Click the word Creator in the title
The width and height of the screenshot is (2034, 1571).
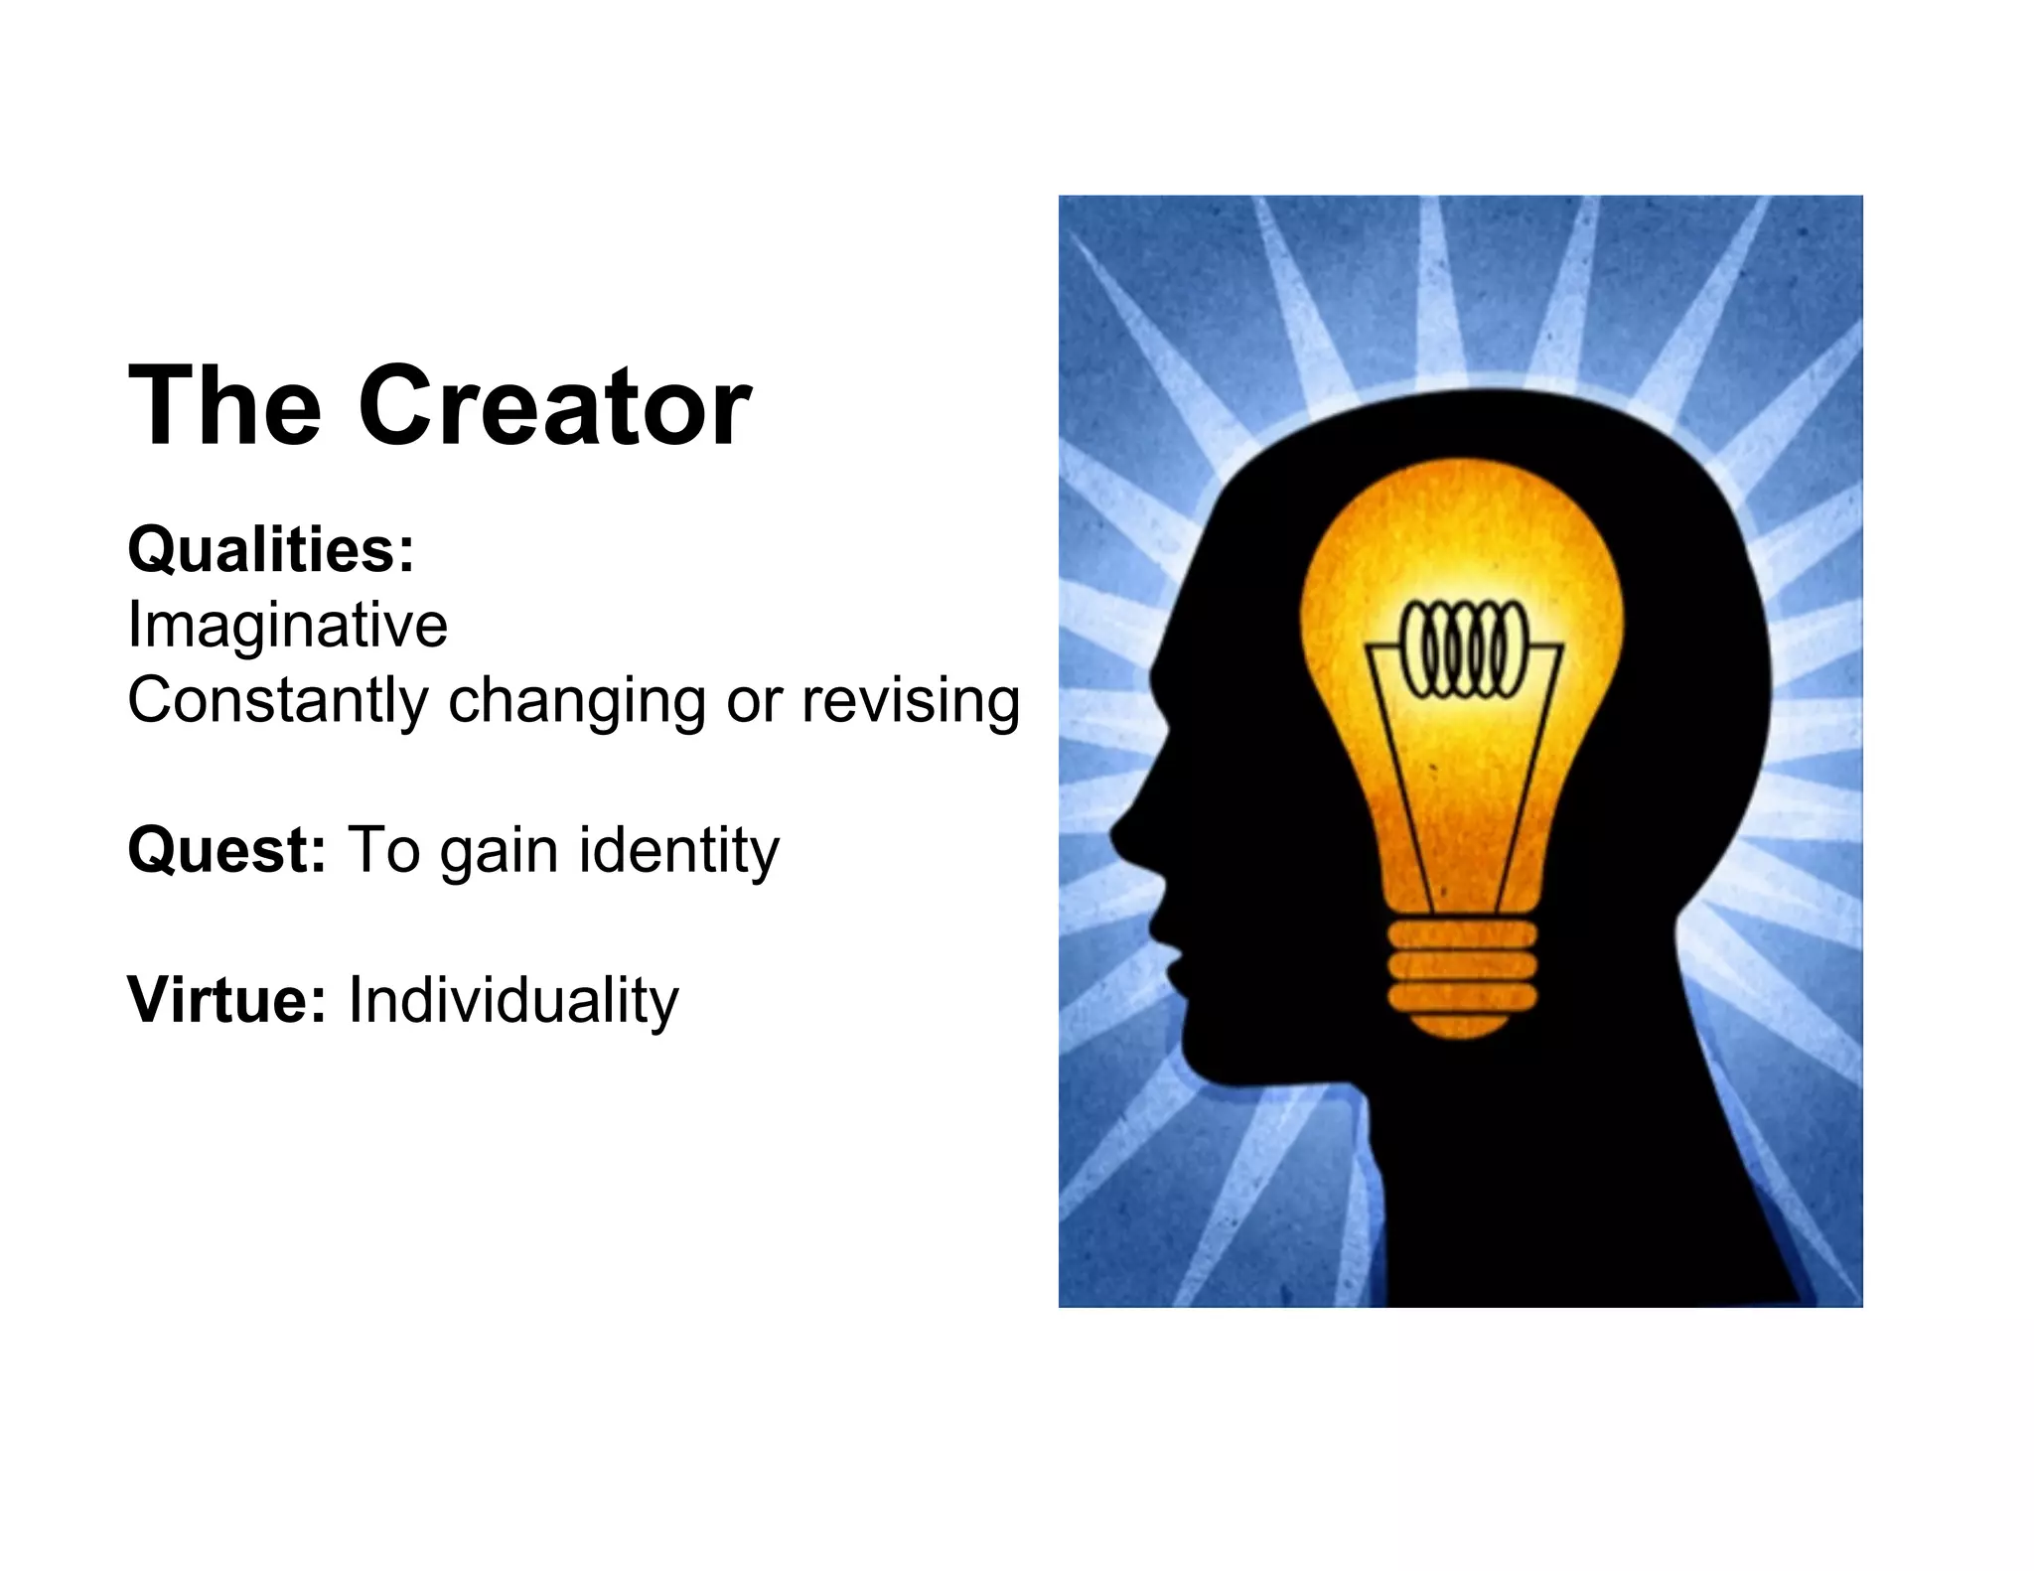(553, 406)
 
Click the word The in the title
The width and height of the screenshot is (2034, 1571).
(225, 406)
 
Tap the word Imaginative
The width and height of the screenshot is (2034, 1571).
(287, 626)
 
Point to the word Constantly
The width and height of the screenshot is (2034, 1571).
(277, 700)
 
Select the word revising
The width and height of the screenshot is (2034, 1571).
(910, 701)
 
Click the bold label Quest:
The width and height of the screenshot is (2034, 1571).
(226, 851)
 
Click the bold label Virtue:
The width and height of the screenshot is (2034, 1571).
(226, 1000)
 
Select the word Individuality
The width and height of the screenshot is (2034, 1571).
(512, 1000)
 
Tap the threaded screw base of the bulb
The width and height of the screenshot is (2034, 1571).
(1462, 965)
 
